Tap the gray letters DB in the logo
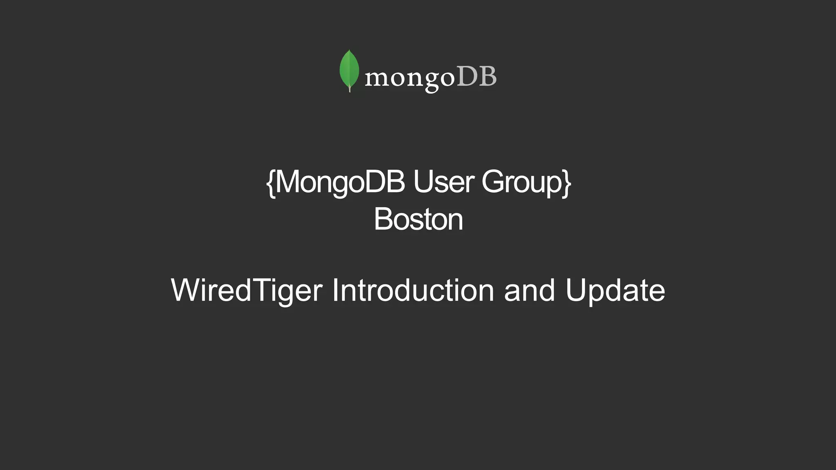tap(476, 76)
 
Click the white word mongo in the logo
tap(409, 78)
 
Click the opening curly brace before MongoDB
tap(271, 183)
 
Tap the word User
tap(443, 182)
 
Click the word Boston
tap(418, 219)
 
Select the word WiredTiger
tap(247, 290)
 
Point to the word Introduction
tap(413, 290)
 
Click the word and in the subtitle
tap(529, 290)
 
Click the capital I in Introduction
tap(335, 290)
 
